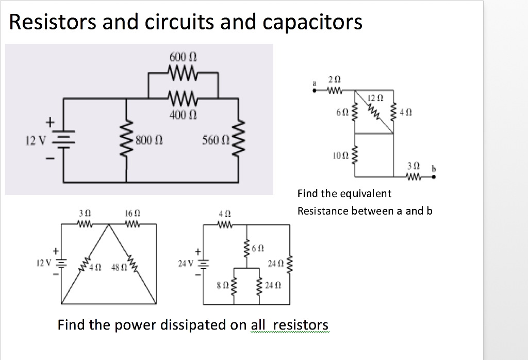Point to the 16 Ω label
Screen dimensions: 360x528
[132, 213]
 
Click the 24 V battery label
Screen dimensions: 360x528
[184, 264]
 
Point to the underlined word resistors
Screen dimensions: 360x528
[301, 325]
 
